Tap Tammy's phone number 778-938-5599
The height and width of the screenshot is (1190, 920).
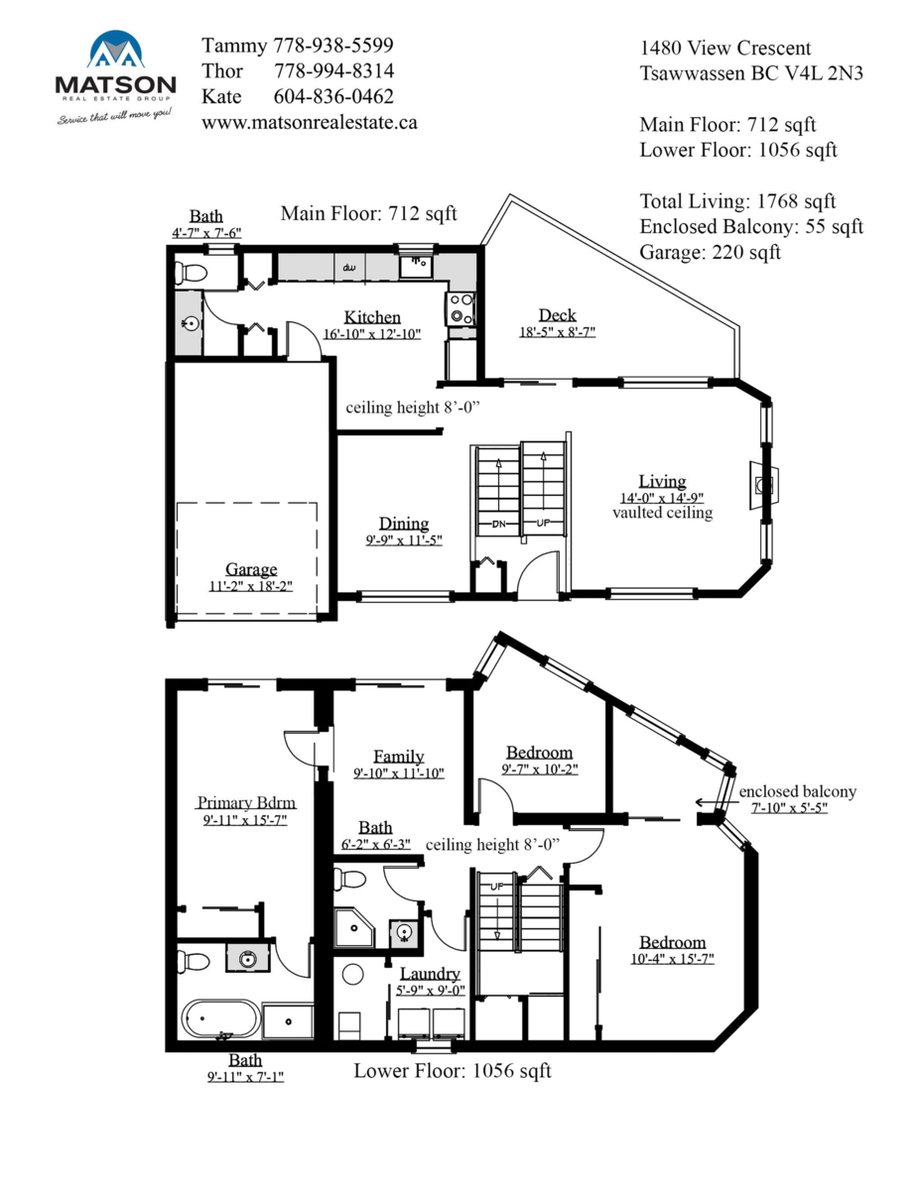332,46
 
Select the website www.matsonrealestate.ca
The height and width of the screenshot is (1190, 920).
309,122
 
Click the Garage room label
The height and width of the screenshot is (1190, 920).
250,569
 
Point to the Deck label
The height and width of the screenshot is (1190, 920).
557,315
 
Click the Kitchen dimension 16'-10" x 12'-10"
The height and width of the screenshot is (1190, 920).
372,334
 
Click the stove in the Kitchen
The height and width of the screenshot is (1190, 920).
460,308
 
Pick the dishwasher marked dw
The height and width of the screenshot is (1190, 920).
349,267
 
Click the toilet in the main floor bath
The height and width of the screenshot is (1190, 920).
192,271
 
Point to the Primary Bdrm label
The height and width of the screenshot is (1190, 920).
246,802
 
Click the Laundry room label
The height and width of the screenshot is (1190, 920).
430,974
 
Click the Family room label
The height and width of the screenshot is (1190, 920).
398,756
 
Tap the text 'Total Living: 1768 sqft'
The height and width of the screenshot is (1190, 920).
737,201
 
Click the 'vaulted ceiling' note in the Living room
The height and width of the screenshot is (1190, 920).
662,513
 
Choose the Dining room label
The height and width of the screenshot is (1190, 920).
404,524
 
